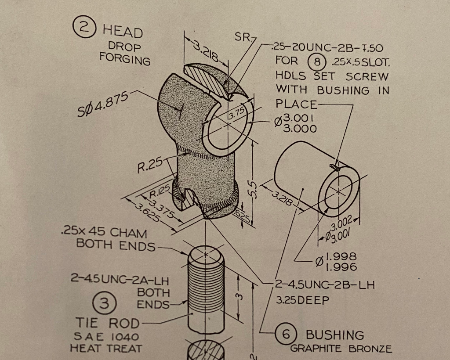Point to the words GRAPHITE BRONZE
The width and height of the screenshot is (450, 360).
click(x=341, y=349)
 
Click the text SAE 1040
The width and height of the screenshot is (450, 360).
click(x=105, y=337)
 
